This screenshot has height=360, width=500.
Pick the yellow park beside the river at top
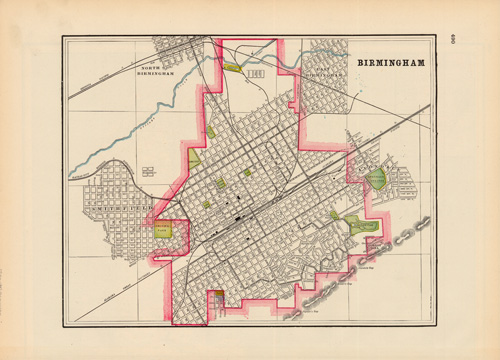pos(232,68)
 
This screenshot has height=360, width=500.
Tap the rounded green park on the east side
pos(376,179)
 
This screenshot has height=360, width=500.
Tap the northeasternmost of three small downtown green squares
pos(247,172)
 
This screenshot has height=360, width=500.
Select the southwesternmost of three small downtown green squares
pos(207,203)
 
